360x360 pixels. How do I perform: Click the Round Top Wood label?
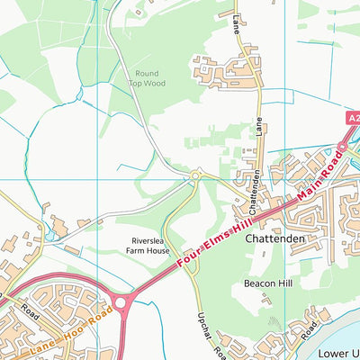pos(146,79)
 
